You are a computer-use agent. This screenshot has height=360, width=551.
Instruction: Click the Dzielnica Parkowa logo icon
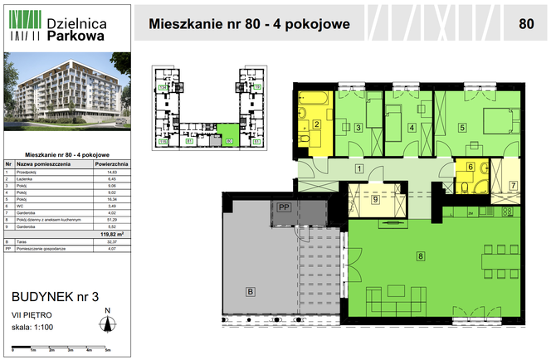[x=24, y=25]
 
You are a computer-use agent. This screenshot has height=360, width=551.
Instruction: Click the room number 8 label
[x=421, y=256]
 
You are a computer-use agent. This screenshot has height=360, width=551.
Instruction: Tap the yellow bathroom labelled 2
[x=316, y=127]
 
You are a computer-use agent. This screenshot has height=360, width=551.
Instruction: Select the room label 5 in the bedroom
[x=463, y=127]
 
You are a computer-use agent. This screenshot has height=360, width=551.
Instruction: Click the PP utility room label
[x=284, y=207]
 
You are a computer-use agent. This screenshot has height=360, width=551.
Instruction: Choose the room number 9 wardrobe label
[x=375, y=199]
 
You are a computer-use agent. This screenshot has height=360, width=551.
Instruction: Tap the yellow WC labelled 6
[x=470, y=168]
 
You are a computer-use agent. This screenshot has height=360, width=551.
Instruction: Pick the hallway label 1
[x=358, y=169]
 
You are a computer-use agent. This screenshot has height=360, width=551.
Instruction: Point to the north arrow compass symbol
[x=106, y=324]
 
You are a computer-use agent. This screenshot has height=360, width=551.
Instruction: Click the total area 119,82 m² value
[x=109, y=235]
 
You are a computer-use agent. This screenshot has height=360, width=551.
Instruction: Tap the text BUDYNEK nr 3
[x=54, y=296]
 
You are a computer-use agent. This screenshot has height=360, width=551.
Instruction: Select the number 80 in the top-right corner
[x=525, y=23]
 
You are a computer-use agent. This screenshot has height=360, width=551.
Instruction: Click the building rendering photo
[x=68, y=93]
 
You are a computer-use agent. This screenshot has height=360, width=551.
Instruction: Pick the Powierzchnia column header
[x=110, y=165]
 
